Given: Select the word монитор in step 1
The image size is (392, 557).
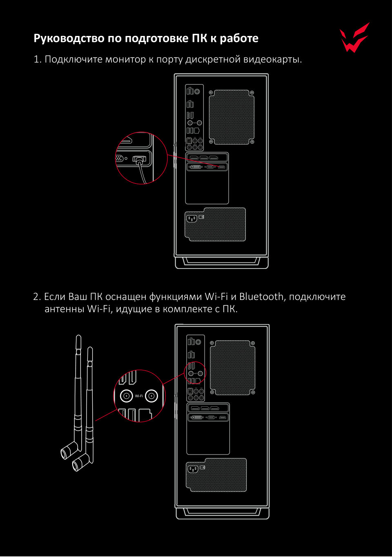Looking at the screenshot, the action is pos(125,59).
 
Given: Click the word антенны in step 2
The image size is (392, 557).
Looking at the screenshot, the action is pos(65,309).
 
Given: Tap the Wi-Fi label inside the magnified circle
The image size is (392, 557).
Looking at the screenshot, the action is pos(139,396).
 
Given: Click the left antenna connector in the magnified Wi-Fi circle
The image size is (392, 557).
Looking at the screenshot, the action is pos(127,396).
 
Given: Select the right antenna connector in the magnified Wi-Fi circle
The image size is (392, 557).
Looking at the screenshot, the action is pos(151,396).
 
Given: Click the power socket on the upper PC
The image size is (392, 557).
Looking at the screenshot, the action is pos(192,219).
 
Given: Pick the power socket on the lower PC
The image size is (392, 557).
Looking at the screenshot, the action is pos(193,469).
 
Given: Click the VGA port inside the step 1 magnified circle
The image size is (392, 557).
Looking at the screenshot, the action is pos(120,158).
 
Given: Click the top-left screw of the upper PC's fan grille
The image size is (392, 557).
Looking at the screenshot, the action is pos(211,92).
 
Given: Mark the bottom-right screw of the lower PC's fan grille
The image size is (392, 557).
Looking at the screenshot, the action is pos(253,392).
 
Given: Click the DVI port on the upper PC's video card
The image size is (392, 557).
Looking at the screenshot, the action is pos(196,167).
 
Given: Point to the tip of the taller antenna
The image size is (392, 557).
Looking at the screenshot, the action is pos(78,336).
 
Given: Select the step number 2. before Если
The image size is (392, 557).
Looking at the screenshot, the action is pos(37,297).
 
